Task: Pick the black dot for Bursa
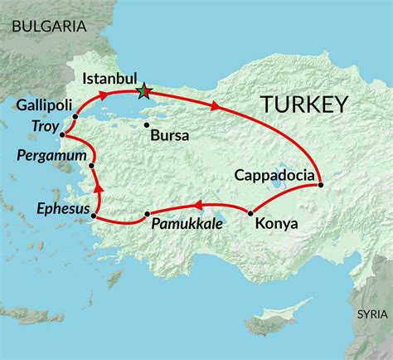tap(147, 126)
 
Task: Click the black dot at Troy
tap(63, 135)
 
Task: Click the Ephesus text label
tap(62, 208)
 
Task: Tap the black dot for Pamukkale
tap(147, 215)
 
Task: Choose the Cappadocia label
tap(274, 175)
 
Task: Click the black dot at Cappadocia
tap(320, 183)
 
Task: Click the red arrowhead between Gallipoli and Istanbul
tap(104, 96)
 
